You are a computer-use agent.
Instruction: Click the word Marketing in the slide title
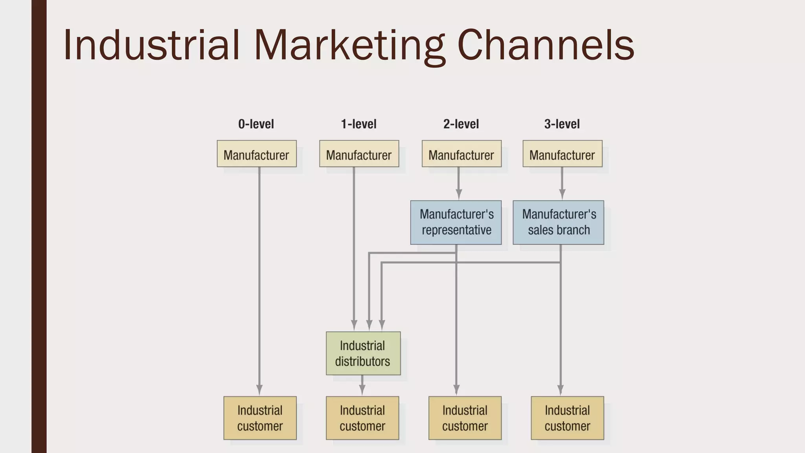(x=349, y=45)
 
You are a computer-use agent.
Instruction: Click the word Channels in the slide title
(x=546, y=45)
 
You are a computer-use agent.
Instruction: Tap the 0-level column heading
(x=256, y=124)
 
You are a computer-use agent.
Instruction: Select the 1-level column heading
(x=358, y=124)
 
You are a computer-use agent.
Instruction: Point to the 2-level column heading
(x=461, y=124)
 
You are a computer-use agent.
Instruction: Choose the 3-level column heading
(x=562, y=124)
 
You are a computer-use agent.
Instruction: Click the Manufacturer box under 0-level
(x=257, y=154)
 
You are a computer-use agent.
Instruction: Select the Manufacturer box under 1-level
(x=359, y=154)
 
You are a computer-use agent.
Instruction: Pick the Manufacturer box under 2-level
(x=461, y=154)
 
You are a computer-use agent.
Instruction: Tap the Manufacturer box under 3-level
(x=562, y=154)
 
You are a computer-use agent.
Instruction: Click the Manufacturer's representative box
(x=456, y=223)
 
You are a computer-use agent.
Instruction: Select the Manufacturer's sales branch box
(x=558, y=223)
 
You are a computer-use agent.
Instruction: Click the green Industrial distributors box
(x=363, y=353)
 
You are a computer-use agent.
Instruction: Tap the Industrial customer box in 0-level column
(x=260, y=418)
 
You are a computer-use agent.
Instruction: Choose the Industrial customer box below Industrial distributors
(x=362, y=418)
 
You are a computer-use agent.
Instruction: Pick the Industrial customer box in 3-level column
(x=567, y=418)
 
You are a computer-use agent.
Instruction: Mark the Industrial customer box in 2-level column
(x=465, y=418)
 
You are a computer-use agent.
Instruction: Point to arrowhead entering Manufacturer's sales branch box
(x=562, y=194)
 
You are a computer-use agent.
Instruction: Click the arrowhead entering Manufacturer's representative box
(x=459, y=194)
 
